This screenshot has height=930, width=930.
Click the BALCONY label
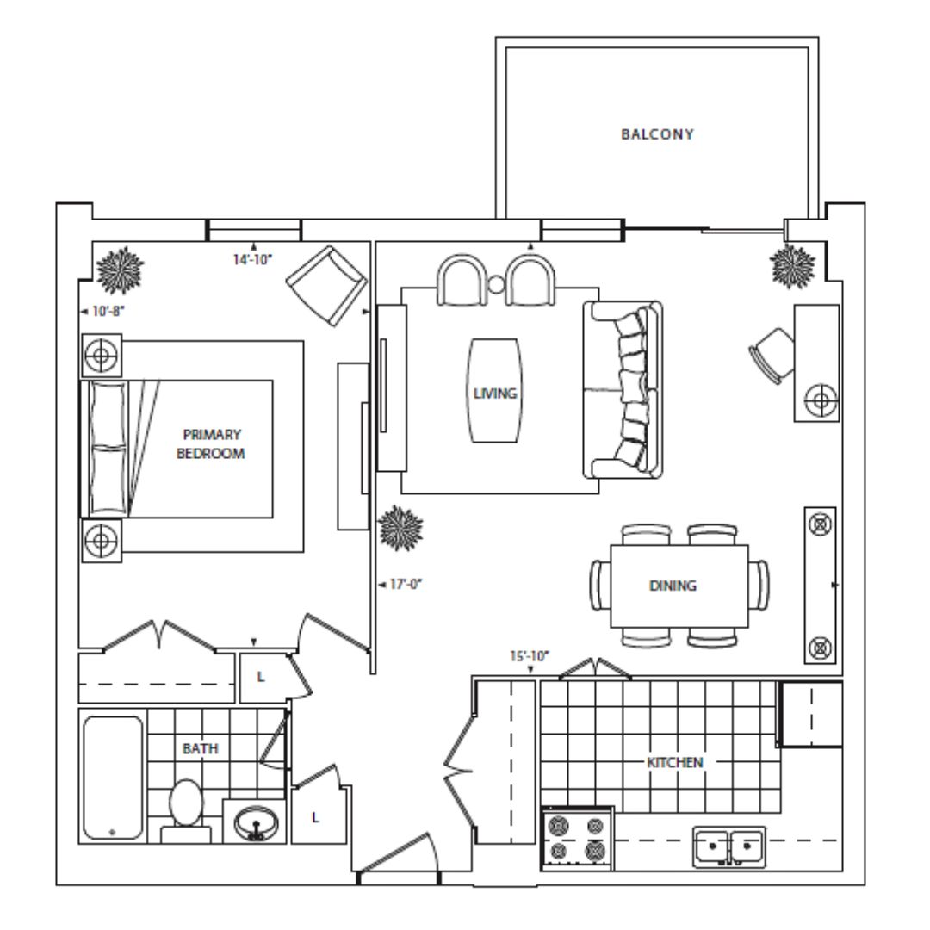[657, 134]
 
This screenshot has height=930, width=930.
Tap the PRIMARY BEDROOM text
[211, 443]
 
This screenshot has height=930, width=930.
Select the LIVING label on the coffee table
[494, 394]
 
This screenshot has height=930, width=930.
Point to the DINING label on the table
[673, 586]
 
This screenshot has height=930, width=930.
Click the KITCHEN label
[675, 762]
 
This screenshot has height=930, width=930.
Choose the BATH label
[201, 748]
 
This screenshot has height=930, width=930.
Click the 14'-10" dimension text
[252, 259]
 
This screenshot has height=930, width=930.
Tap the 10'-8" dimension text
[108, 311]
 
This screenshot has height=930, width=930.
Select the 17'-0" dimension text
[406, 584]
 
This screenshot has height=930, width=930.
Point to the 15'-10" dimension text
[530, 656]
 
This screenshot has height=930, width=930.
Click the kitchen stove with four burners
[577, 839]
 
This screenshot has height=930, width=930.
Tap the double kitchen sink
[729, 846]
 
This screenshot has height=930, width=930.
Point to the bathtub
[114, 777]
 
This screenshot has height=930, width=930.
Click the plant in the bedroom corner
[120, 270]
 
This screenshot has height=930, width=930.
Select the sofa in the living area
[623, 390]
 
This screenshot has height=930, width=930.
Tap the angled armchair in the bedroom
[327, 286]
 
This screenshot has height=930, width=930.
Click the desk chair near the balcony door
[772, 356]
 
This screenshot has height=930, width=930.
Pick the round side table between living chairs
[497, 285]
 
